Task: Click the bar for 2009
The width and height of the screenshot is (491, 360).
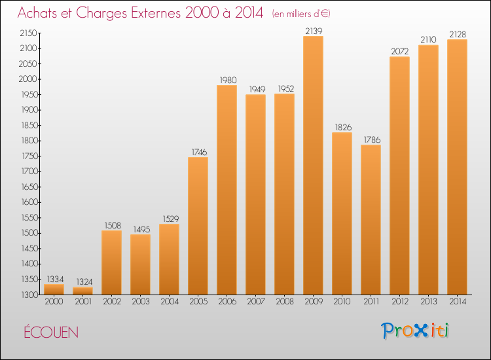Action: point(313,166)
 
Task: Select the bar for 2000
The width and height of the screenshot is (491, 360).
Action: point(54,289)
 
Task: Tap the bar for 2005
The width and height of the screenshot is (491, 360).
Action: point(198,226)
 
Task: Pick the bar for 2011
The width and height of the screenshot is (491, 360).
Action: point(371,219)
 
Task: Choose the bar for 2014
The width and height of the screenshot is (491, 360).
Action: point(457,167)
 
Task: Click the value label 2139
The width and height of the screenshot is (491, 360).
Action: point(314,31)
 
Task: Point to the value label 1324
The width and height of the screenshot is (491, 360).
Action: point(84,281)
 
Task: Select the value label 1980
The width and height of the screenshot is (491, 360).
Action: point(228,80)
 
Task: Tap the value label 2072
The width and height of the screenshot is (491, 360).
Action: point(400,51)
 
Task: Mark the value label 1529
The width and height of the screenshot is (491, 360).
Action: point(171,219)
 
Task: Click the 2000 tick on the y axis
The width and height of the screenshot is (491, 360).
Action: point(28,79)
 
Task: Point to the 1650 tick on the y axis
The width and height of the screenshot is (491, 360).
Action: point(29,187)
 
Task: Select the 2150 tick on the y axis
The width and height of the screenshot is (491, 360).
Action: point(29,33)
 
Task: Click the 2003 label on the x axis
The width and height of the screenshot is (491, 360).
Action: point(141,302)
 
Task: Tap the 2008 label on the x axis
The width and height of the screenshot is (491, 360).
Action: point(285,302)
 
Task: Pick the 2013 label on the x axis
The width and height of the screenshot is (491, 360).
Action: point(429,302)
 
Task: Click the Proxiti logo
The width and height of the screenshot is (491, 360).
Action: point(415,331)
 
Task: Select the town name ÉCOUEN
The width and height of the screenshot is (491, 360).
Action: point(51,331)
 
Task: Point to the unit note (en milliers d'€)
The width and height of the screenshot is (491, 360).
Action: point(301,14)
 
